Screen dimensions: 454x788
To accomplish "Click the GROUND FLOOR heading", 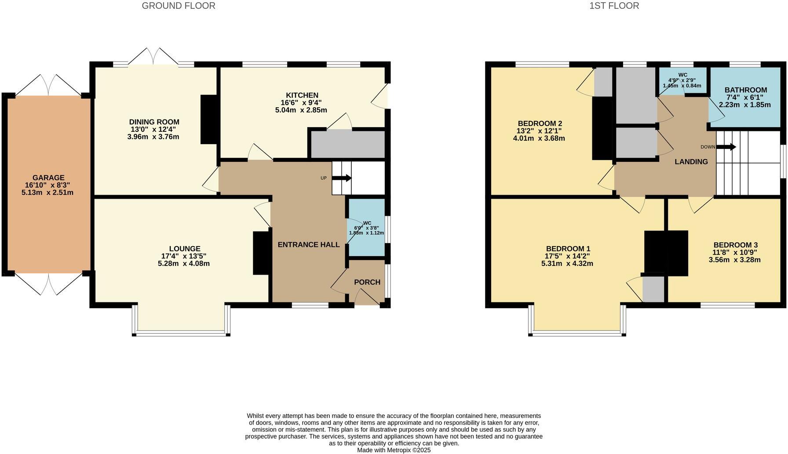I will pos(179,6).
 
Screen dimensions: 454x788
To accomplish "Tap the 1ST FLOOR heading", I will pos(614,6).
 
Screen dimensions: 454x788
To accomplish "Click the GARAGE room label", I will pos(48,178).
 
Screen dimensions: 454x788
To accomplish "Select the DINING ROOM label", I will pos(154,122).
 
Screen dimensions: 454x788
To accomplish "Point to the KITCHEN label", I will pos(302,95).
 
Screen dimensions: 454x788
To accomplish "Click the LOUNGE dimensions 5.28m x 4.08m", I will pos(183,264).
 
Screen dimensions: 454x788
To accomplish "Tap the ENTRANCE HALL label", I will pos(308,245).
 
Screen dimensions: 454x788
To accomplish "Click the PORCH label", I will pos(367,282).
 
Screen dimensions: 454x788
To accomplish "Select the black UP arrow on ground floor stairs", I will pos(342,178).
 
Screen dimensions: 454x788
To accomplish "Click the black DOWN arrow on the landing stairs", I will pos(726,147).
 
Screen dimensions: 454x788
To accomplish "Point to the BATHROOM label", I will pos(745,90).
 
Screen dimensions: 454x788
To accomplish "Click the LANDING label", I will pos(691,162).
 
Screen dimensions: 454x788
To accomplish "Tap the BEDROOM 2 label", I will pos(540,123).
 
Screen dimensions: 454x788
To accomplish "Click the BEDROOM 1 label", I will pos(568,248).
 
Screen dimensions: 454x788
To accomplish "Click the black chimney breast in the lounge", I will pos(262,253).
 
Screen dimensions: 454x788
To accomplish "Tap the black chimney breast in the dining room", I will pos(209,119).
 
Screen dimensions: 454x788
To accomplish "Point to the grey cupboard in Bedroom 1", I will pos(653,288).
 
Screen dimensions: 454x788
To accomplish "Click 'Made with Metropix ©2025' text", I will pos(394,450).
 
